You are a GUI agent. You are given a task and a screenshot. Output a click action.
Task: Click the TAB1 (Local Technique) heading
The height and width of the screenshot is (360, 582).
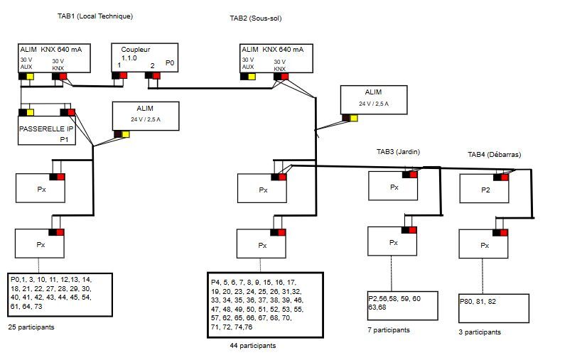[95, 16]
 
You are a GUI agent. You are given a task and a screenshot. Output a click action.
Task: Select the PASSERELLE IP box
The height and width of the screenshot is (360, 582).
[46, 130]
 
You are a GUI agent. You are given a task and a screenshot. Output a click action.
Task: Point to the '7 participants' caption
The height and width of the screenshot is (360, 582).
[389, 330]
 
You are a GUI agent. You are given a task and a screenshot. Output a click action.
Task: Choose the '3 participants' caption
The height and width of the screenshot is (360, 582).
[480, 332]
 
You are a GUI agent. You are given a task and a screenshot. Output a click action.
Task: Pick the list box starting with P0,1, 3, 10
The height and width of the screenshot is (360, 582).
[60, 295]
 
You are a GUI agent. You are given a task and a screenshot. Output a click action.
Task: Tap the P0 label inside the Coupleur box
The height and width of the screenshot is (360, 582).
[170, 63]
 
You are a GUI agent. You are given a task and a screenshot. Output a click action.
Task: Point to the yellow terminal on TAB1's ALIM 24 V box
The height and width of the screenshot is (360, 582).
[126, 133]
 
